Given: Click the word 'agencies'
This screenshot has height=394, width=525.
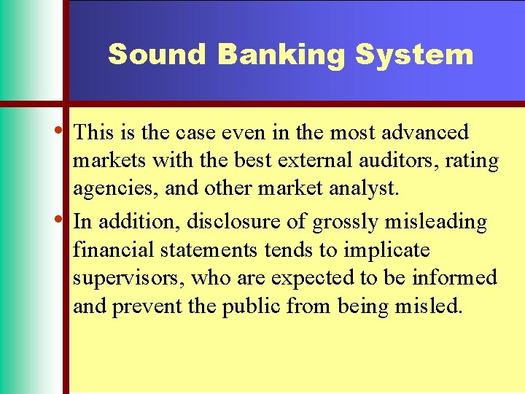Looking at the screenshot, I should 109,190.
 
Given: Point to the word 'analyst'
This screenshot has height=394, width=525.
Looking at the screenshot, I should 365,190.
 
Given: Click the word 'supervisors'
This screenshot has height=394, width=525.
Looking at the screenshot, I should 128,279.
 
